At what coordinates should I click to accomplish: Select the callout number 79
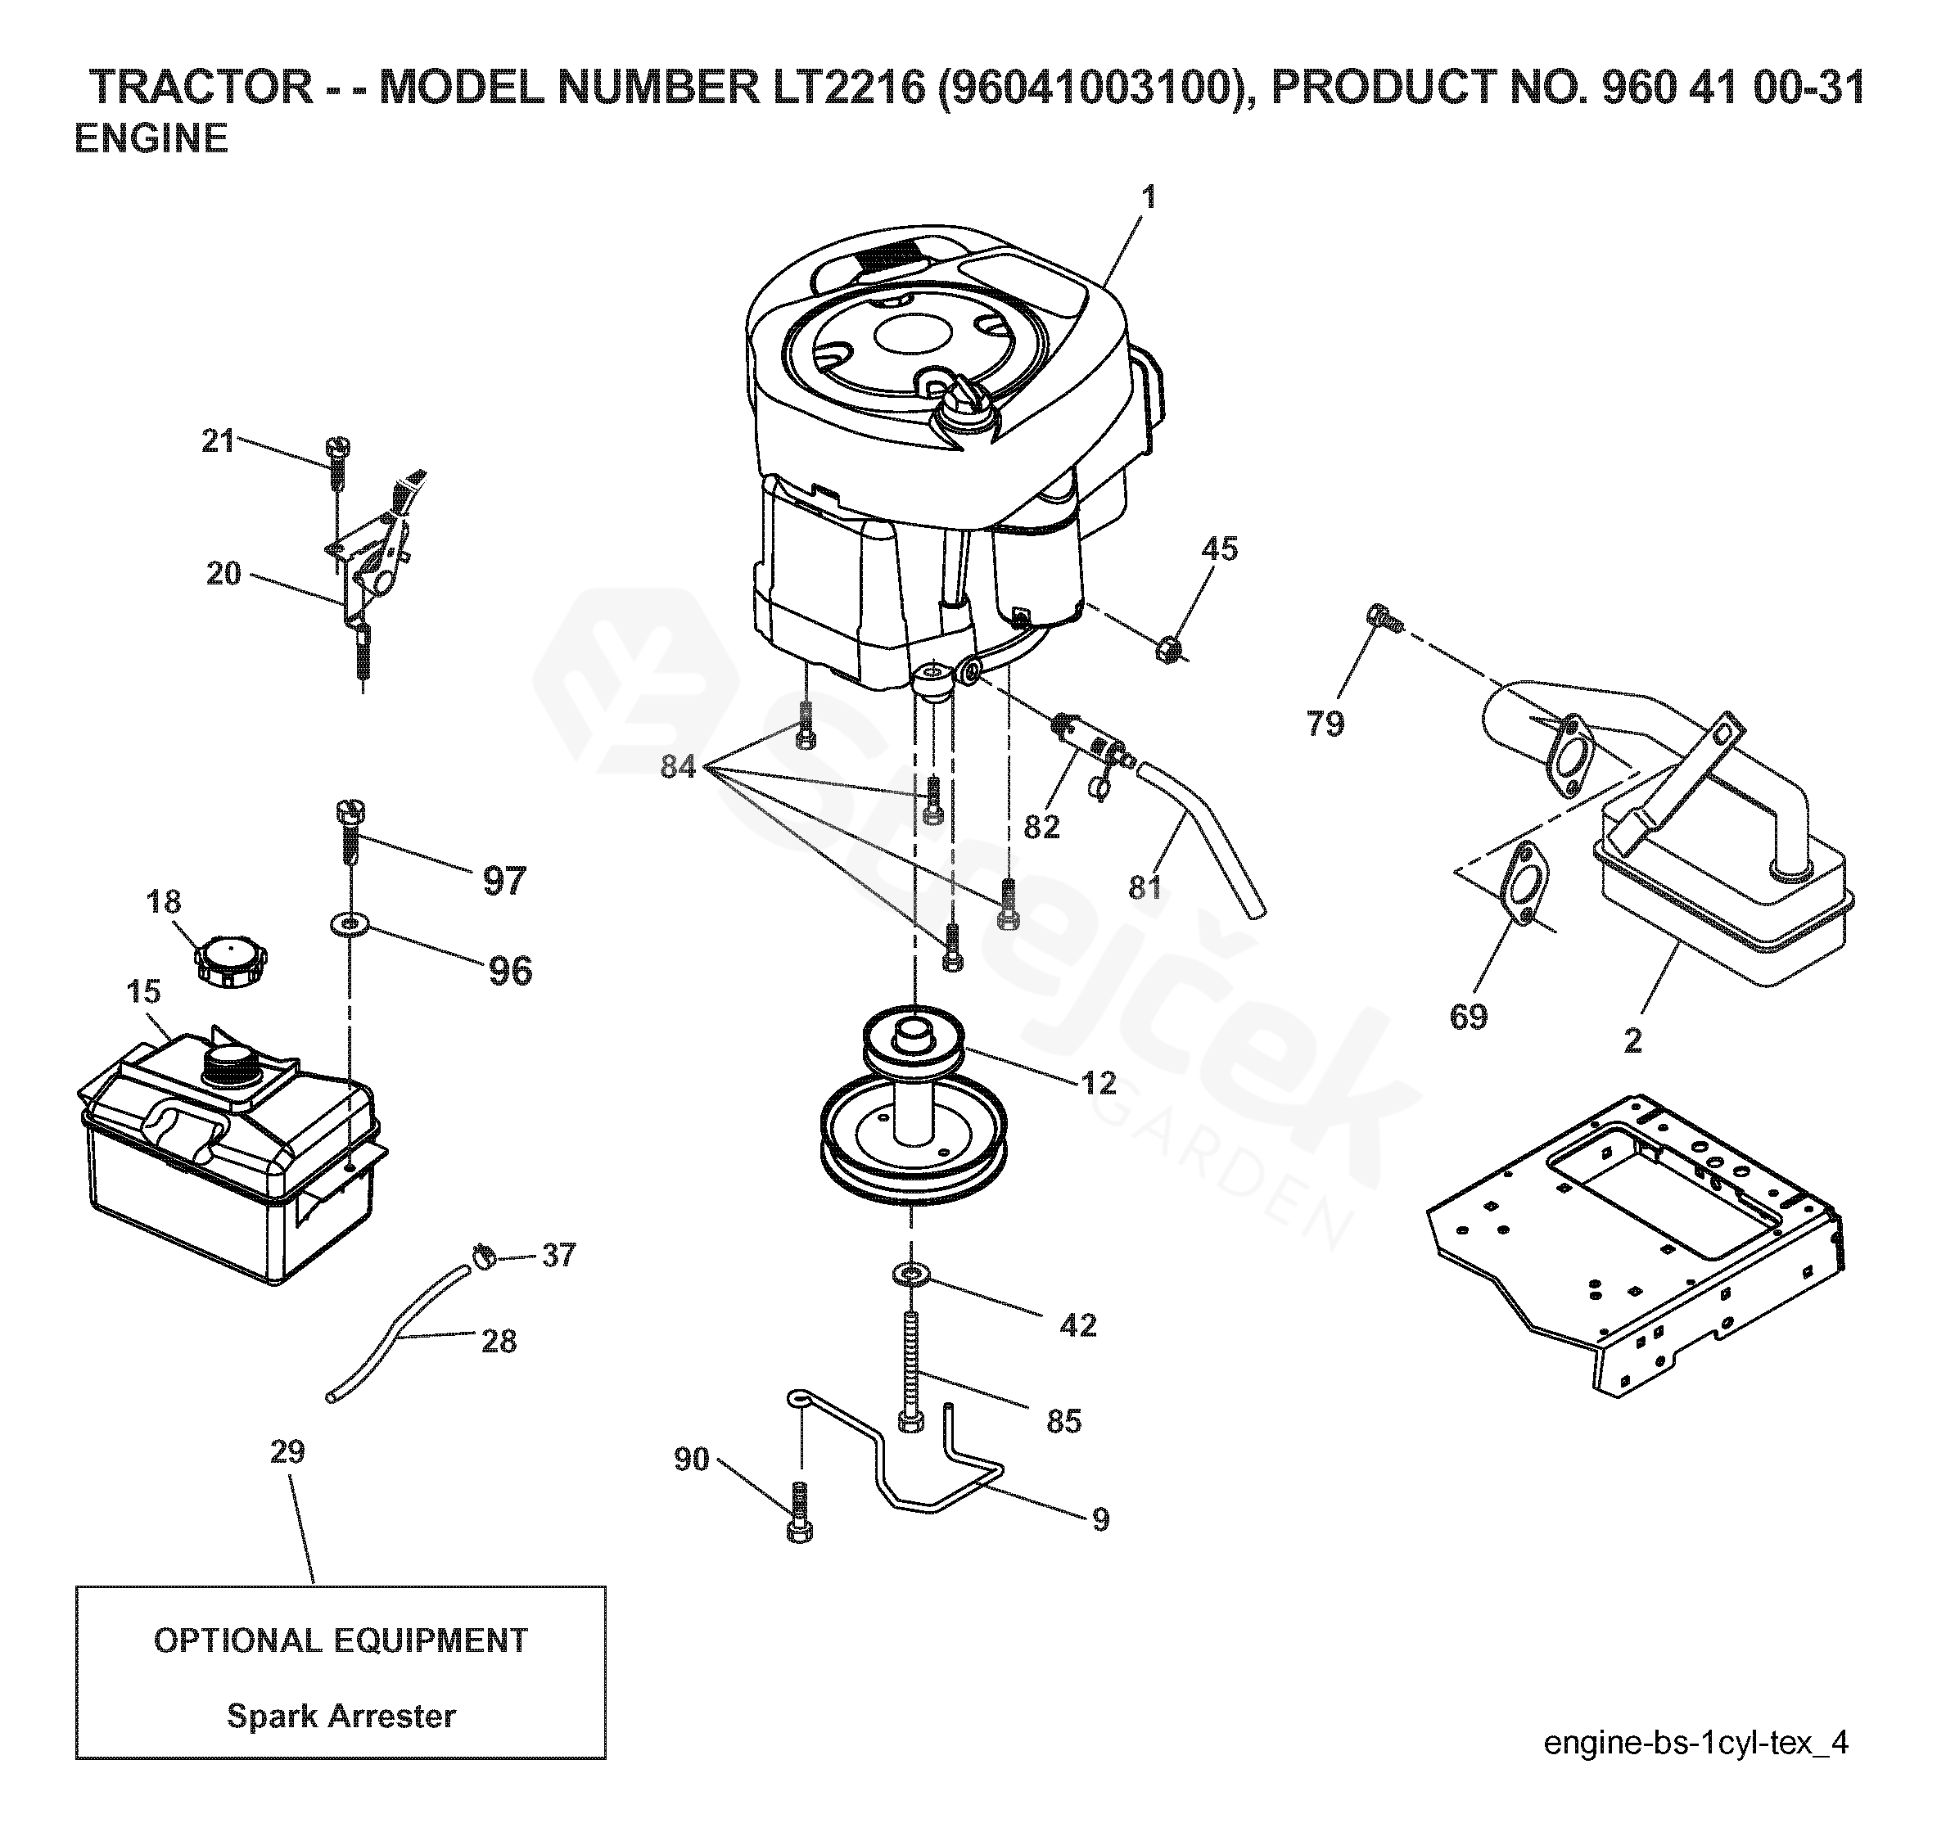tap(1325, 723)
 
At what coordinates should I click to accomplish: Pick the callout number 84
tap(678, 766)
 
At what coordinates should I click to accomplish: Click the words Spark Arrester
tap(341, 1716)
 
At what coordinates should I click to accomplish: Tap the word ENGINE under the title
tap(151, 138)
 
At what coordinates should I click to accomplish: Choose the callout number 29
tap(287, 1451)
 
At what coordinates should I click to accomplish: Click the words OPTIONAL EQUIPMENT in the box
tap(341, 1640)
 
